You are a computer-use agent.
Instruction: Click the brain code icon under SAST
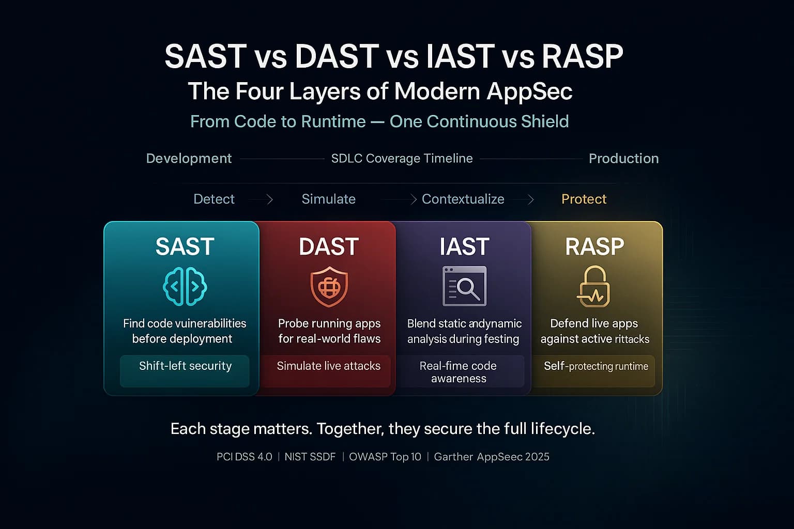pyautogui.click(x=185, y=286)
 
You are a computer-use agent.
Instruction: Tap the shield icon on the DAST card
pyautogui.click(x=329, y=287)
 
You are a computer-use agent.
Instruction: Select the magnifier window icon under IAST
pyautogui.click(x=464, y=286)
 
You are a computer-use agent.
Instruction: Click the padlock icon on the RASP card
pyautogui.click(x=593, y=287)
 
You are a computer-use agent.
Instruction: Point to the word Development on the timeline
pyautogui.click(x=189, y=159)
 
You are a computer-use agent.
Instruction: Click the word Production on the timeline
pyautogui.click(x=623, y=159)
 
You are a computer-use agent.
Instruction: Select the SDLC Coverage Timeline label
pyautogui.click(x=402, y=159)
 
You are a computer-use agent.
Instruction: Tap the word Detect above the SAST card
pyautogui.click(x=213, y=199)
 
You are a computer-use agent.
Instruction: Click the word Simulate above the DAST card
pyautogui.click(x=328, y=199)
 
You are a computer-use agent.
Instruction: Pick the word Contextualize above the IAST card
pyautogui.click(x=463, y=199)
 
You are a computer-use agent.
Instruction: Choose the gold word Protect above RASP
pyautogui.click(x=584, y=199)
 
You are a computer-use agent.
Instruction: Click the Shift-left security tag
pyautogui.click(x=185, y=366)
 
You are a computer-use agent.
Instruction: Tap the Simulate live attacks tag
pyautogui.click(x=328, y=366)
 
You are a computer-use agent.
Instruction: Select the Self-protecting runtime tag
pyautogui.click(x=595, y=366)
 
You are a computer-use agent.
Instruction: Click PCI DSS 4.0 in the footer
pyautogui.click(x=244, y=457)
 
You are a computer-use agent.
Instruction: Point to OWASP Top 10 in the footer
pyautogui.click(x=385, y=457)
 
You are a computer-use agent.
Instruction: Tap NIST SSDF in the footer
pyautogui.click(x=310, y=457)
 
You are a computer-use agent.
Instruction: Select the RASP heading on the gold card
pyautogui.click(x=594, y=247)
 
